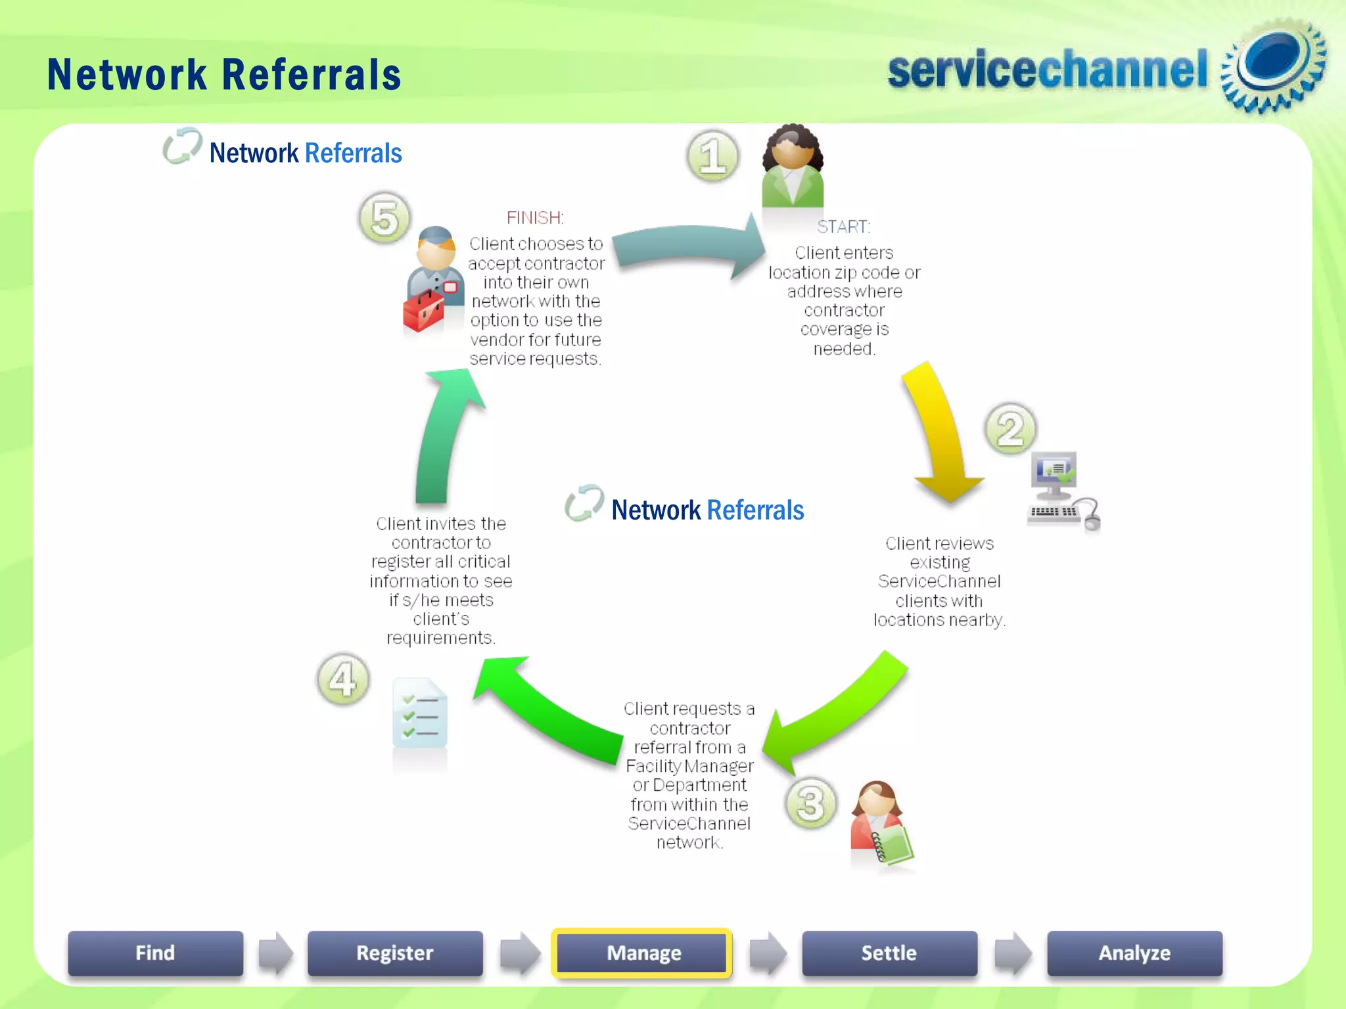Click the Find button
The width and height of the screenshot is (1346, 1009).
click(x=155, y=953)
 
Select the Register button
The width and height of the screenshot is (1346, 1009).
click(x=394, y=953)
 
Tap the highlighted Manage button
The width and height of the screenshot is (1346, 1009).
click(x=643, y=953)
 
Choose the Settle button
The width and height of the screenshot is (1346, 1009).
click(x=889, y=953)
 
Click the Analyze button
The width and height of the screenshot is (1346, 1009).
click(x=1134, y=953)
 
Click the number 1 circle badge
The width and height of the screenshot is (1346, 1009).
click(x=712, y=156)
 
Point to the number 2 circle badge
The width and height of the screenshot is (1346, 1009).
click(x=1010, y=429)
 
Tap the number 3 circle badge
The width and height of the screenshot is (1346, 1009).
click(x=810, y=803)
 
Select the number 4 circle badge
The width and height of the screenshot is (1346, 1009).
click(x=342, y=679)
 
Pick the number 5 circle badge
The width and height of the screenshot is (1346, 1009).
click(x=384, y=217)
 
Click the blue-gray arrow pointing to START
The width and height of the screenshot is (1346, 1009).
click(x=690, y=246)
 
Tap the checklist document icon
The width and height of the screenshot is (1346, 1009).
click(x=420, y=713)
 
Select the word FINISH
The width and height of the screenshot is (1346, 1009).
click(x=534, y=217)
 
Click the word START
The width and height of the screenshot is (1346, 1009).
click(x=843, y=227)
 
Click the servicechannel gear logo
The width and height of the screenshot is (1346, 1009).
click(x=1272, y=66)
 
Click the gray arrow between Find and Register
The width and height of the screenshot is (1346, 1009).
click(x=275, y=953)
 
